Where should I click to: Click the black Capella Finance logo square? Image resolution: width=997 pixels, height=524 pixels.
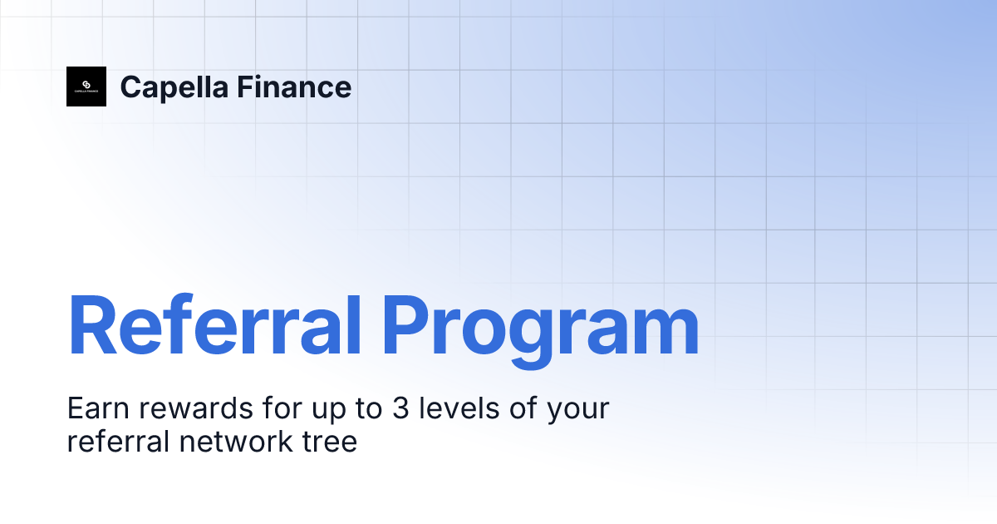pyautogui.click(x=86, y=87)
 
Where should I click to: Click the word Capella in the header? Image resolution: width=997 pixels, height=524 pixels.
pyautogui.click(x=174, y=88)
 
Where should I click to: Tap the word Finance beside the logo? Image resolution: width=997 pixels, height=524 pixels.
pyautogui.click(x=294, y=87)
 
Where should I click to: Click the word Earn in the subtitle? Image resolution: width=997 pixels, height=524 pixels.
pyautogui.click(x=98, y=408)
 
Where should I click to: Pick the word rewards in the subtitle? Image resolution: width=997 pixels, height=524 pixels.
pyautogui.click(x=195, y=408)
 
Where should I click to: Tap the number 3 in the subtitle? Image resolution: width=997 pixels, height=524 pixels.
pyautogui.click(x=400, y=408)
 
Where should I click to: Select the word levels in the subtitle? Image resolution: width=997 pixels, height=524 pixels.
pyautogui.click(x=459, y=408)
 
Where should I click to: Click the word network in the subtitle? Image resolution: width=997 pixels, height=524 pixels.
pyautogui.click(x=236, y=441)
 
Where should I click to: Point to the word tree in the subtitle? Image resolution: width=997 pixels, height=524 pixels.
pyautogui.click(x=330, y=442)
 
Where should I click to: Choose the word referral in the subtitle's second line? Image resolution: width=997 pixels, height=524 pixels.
pyautogui.click(x=118, y=441)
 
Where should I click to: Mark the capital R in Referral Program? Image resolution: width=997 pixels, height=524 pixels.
pyautogui.click(x=92, y=324)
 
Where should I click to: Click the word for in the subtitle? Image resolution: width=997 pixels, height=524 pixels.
pyautogui.click(x=282, y=408)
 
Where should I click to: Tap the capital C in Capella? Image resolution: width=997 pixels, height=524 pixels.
pyautogui.click(x=131, y=87)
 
